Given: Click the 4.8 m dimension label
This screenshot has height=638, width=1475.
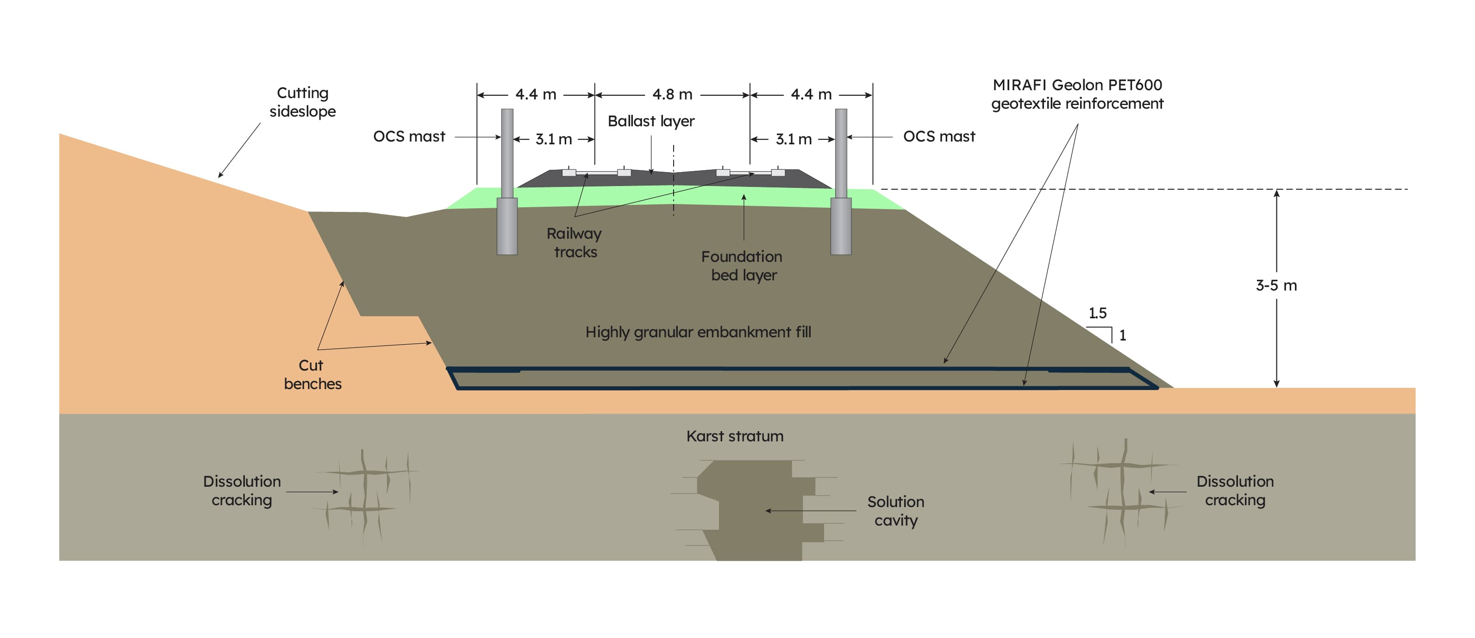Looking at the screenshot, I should (672, 94).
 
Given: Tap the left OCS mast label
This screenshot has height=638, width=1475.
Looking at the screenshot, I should (409, 137).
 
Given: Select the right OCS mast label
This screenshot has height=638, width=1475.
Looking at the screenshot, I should (939, 137).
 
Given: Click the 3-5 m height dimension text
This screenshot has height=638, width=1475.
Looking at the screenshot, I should (1276, 285).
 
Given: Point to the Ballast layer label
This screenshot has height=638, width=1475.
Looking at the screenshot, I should (651, 121).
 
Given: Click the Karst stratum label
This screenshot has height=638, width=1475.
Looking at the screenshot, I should (735, 437).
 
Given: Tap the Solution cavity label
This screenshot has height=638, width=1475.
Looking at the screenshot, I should (895, 511).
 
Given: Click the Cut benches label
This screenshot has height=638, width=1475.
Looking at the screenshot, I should (312, 375).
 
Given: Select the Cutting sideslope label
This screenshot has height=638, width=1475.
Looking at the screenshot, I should (302, 102).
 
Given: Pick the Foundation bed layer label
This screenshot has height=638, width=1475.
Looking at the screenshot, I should (743, 266).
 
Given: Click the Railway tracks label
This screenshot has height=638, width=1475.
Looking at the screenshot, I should (575, 242).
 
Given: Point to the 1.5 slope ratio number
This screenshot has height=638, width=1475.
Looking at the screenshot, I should (1097, 314).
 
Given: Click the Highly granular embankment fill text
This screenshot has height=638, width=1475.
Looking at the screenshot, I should (698, 333).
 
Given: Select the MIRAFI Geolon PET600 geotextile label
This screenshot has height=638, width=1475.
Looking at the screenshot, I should (1077, 94).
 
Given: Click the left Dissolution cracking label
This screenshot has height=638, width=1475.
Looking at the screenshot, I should (242, 491).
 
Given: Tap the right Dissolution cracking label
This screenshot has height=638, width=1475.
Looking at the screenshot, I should (1235, 491).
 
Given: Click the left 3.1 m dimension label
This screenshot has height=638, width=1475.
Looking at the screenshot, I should (553, 139).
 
